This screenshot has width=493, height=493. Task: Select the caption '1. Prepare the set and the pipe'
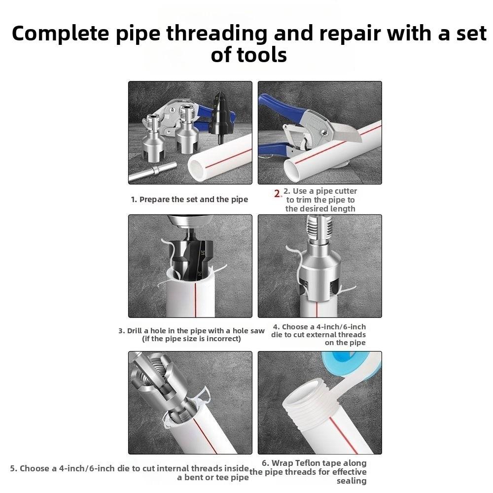189,200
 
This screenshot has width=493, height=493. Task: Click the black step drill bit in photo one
219,116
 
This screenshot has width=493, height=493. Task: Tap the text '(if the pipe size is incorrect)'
191,339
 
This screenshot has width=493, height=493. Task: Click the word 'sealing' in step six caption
352,481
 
